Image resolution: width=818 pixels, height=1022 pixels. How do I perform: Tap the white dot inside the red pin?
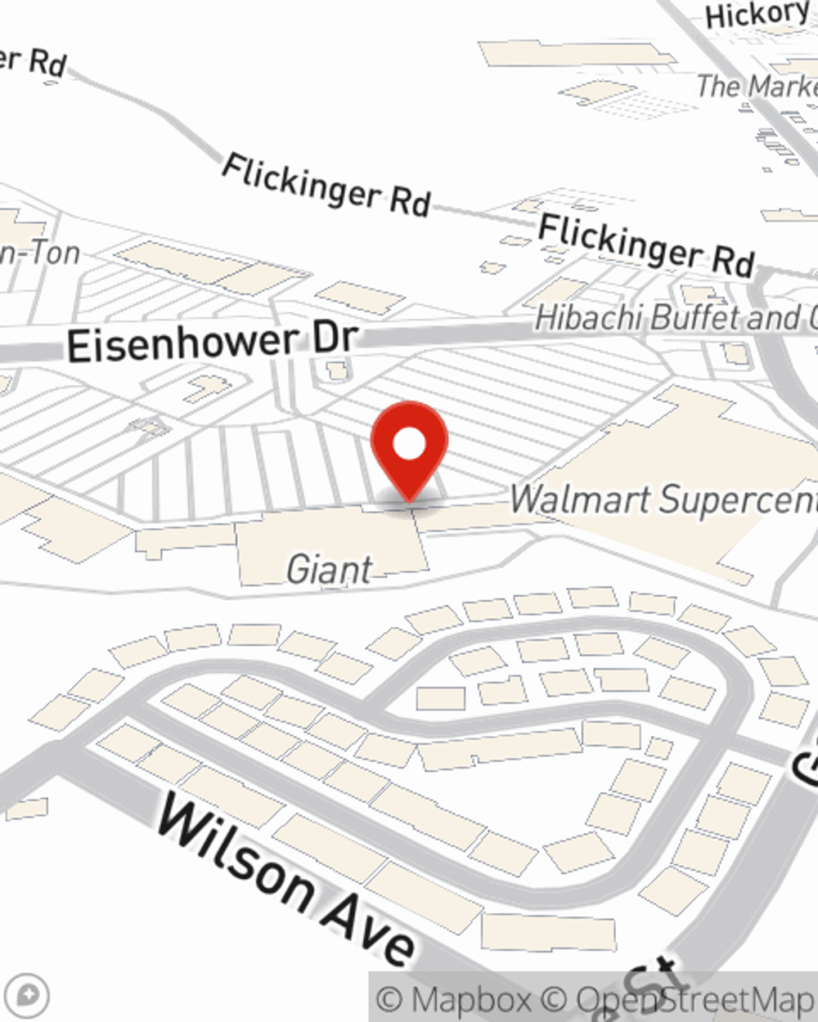409,445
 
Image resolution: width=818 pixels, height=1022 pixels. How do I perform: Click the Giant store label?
330,570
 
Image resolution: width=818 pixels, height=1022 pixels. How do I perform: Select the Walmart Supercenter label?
663,500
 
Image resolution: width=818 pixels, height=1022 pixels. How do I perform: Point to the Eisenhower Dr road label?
213,342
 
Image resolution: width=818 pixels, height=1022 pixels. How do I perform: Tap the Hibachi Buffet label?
676,317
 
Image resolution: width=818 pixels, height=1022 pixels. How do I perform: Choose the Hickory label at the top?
757,15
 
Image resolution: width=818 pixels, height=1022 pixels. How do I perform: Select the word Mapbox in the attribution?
470,1000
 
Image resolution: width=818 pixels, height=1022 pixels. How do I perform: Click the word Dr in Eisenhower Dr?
336,337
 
